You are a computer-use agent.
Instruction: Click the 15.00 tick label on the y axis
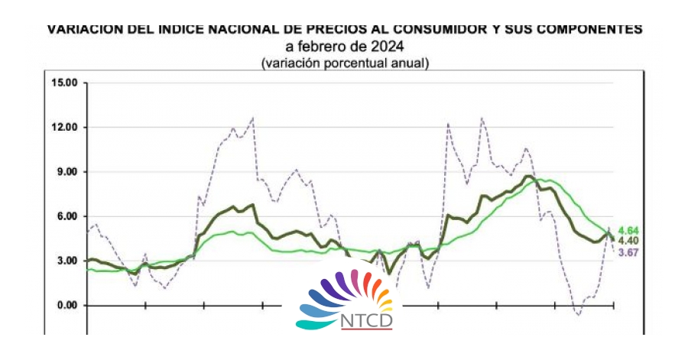coord(64,82)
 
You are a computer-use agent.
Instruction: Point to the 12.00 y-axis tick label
coord(64,127)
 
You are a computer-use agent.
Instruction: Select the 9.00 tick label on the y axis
coord(67,172)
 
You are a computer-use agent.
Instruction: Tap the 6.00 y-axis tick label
coord(67,216)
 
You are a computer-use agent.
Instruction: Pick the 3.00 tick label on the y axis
coord(67,261)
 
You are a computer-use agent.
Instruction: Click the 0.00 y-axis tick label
coord(67,306)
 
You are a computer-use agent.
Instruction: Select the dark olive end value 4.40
coord(629,241)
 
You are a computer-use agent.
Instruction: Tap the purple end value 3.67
coord(629,252)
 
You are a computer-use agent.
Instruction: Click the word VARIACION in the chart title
coord(84,30)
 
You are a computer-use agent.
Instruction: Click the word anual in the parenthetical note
coord(407,63)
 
